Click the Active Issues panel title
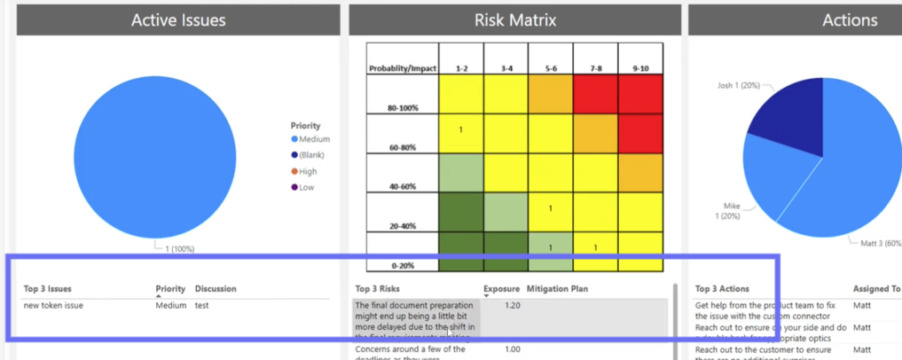tap(178, 20)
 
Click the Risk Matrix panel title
tap(514, 20)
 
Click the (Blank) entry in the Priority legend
tap(310, 155)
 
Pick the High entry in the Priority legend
tap(307, 171)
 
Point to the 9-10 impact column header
tap(640, 68)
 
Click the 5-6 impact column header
tap(550, 68)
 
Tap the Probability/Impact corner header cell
tap(403, 68)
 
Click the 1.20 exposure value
tap(512, 305)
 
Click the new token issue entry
tap(53, 305)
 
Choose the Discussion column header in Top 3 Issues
tap(216, 289)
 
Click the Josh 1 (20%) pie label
tap(739, 86)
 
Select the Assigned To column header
tap(876, 289)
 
